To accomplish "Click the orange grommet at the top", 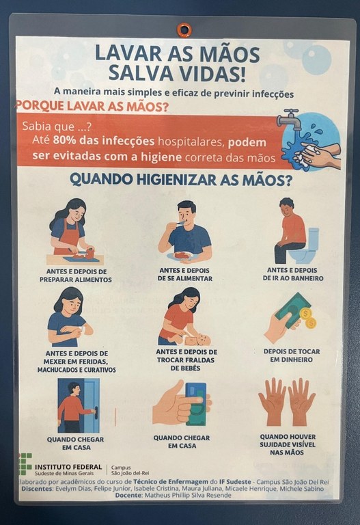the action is pyautogui.click(x=183, y=29).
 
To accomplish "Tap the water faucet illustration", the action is pyautogui.click(x=289, y=120).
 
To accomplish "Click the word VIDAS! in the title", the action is pyautogui.click(x=211, y=74).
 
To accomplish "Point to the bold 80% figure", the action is pyautogui.click(x=65, y=140).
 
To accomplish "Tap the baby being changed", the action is pyautogui.click(x=197, y=340).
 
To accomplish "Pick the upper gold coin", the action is pyautogui.click(x=305, y=314).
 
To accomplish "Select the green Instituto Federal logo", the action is pyautogui.click(x=25, y=463).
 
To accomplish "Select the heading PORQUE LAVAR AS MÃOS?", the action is pyautogui.click(x=93, y=106).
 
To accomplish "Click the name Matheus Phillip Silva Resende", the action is pyautogui.click(x=188, y=495).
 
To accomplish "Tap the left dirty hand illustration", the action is pyautogui.click(x=273, y=402).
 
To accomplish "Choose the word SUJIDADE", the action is pyautogui.click(x=279, y=444).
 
